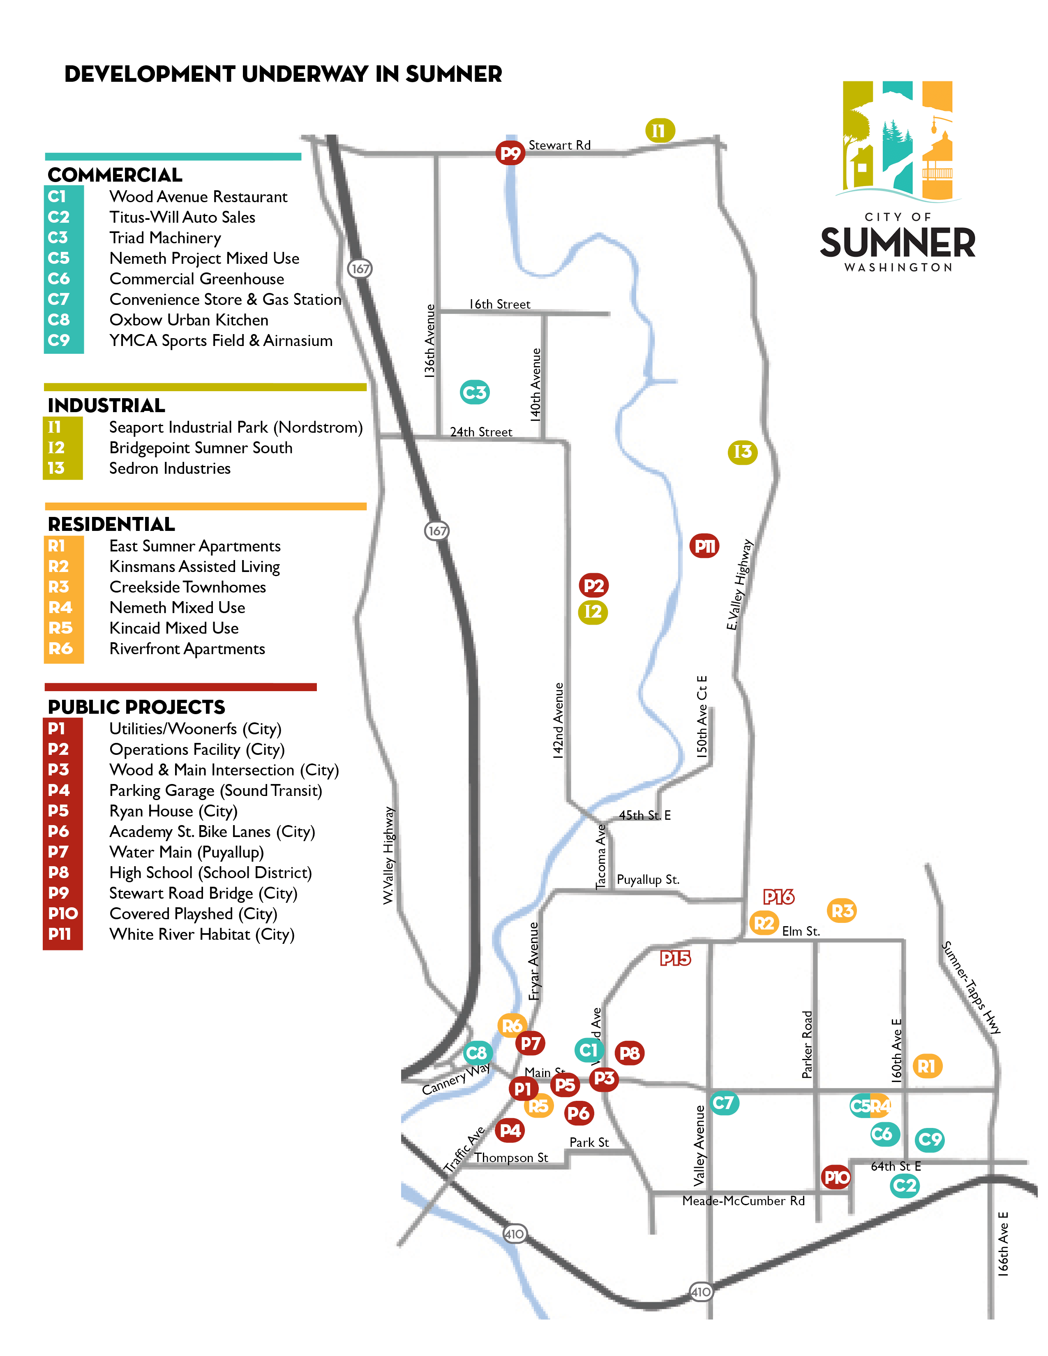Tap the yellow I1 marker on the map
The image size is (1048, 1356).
[659, 130]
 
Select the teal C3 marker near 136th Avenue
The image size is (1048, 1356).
[475, 392]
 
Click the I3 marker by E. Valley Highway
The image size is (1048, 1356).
[743, 452]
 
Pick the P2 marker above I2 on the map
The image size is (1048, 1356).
[593, 586]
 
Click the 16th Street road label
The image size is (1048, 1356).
[500, 304]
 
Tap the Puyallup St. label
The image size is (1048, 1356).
[648, 880]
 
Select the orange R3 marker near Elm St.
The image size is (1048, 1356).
[842, 911]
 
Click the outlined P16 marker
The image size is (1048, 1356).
[778, 897]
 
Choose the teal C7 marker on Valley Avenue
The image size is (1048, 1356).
[724, 1103]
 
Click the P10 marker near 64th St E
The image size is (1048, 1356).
[836, 1177]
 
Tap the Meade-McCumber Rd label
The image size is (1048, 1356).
[743, 1201]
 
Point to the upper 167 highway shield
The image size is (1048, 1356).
[360, 269]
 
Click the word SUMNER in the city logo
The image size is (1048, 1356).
[898, 243]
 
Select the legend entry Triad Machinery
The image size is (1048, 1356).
[165, 238]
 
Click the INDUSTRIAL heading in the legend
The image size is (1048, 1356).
[106, 406]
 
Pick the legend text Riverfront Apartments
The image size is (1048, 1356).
[187, 649]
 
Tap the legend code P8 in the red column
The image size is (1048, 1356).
[59, 872]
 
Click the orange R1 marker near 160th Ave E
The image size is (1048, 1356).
[927, 1066]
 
